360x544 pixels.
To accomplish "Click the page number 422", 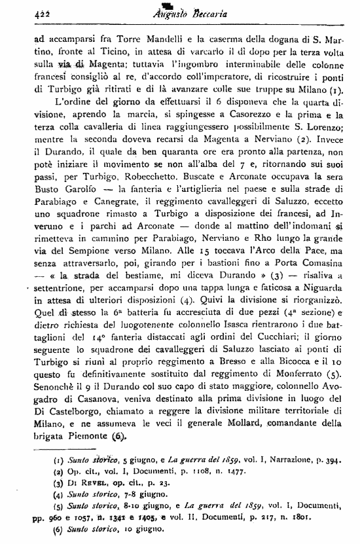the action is [x=25, y=10].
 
